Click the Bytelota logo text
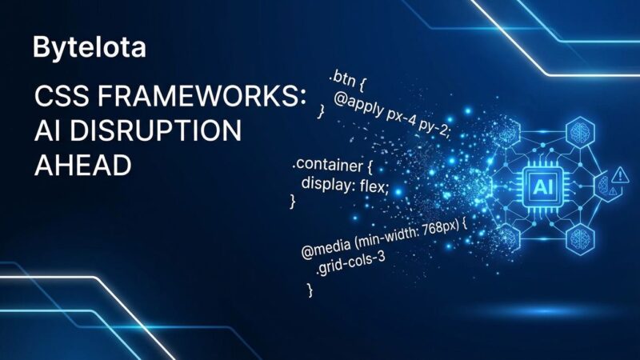tap(90, 48)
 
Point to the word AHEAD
tap(83, 166)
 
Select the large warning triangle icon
tap(621, 174)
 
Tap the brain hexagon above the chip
tap(580, 132)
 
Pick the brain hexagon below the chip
tap(580, 238)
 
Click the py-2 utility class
tap(437, 129)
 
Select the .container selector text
tap(327, 164)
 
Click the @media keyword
tap(326, 248)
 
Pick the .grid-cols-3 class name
tap(350, 265)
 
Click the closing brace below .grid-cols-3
tap(310, 290)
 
